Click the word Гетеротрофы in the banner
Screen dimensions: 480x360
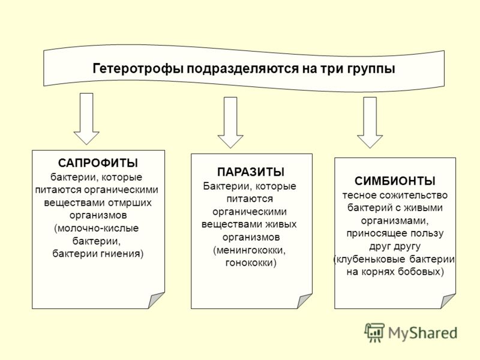pyautogui.click(x=138, y=68)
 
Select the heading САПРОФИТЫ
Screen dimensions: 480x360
pyautogui.click(x=98, y=163)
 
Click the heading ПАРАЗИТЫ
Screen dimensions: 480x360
pyautogui.click(x=251, y=172)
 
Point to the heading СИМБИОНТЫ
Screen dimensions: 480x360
pyautogui.click(x=395, y=181)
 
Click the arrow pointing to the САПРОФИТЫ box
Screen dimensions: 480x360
pyautogui.click(x=86, y=118)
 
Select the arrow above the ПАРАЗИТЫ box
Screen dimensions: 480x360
pyautogui.click(x=230, y=122)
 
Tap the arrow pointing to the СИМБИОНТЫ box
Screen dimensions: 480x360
pyautogui.click(x=370, y=122)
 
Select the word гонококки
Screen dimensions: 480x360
pyautogui.click(x=251, y=263)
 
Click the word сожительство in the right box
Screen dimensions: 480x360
pyautogui.click(x=414, y=195)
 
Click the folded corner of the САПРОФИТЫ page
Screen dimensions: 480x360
pyautogui.click(x=157, y=301)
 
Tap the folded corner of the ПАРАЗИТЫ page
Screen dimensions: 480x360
pyautogui.click(x=305, y=301)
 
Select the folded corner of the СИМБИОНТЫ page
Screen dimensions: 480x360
pyautogui.click(x=448, y=301)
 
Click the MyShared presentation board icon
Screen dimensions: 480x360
pyautogui.click(x=374, y=333)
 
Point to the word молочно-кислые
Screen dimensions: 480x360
pyautogui.click(x=97, y=229)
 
